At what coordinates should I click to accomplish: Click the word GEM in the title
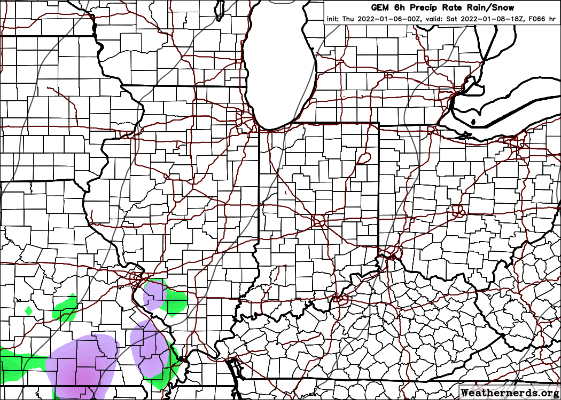[x=381, y=7]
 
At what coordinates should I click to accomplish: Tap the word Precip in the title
[x=418, y=7]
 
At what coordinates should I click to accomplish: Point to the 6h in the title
[x=397, y=7]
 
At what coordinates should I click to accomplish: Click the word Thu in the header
[x=348, y=19]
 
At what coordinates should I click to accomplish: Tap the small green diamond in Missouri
[x=29, y=310]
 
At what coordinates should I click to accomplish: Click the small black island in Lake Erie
[x=473, y=122]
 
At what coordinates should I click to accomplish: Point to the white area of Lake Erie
[x=502, y=107]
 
